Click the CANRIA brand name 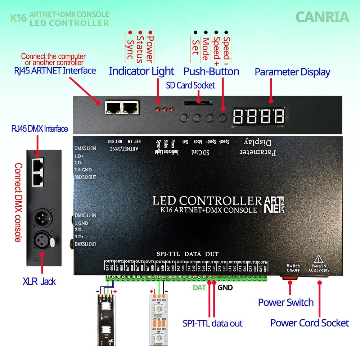coord(322,17)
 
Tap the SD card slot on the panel coord(198,103)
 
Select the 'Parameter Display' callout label coord(292,72)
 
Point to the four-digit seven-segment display coord(258,116)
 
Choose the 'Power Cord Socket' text coord(309,323)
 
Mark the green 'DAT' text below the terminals coord(199,287)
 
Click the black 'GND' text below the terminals coord(225,287)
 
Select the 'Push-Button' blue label coord(211,71)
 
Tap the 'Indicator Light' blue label coord(141,71)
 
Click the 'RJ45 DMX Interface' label coord(39,129)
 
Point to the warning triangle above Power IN coord(318,259)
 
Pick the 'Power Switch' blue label coord(286,302)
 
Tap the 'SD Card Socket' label coord(190,85)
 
